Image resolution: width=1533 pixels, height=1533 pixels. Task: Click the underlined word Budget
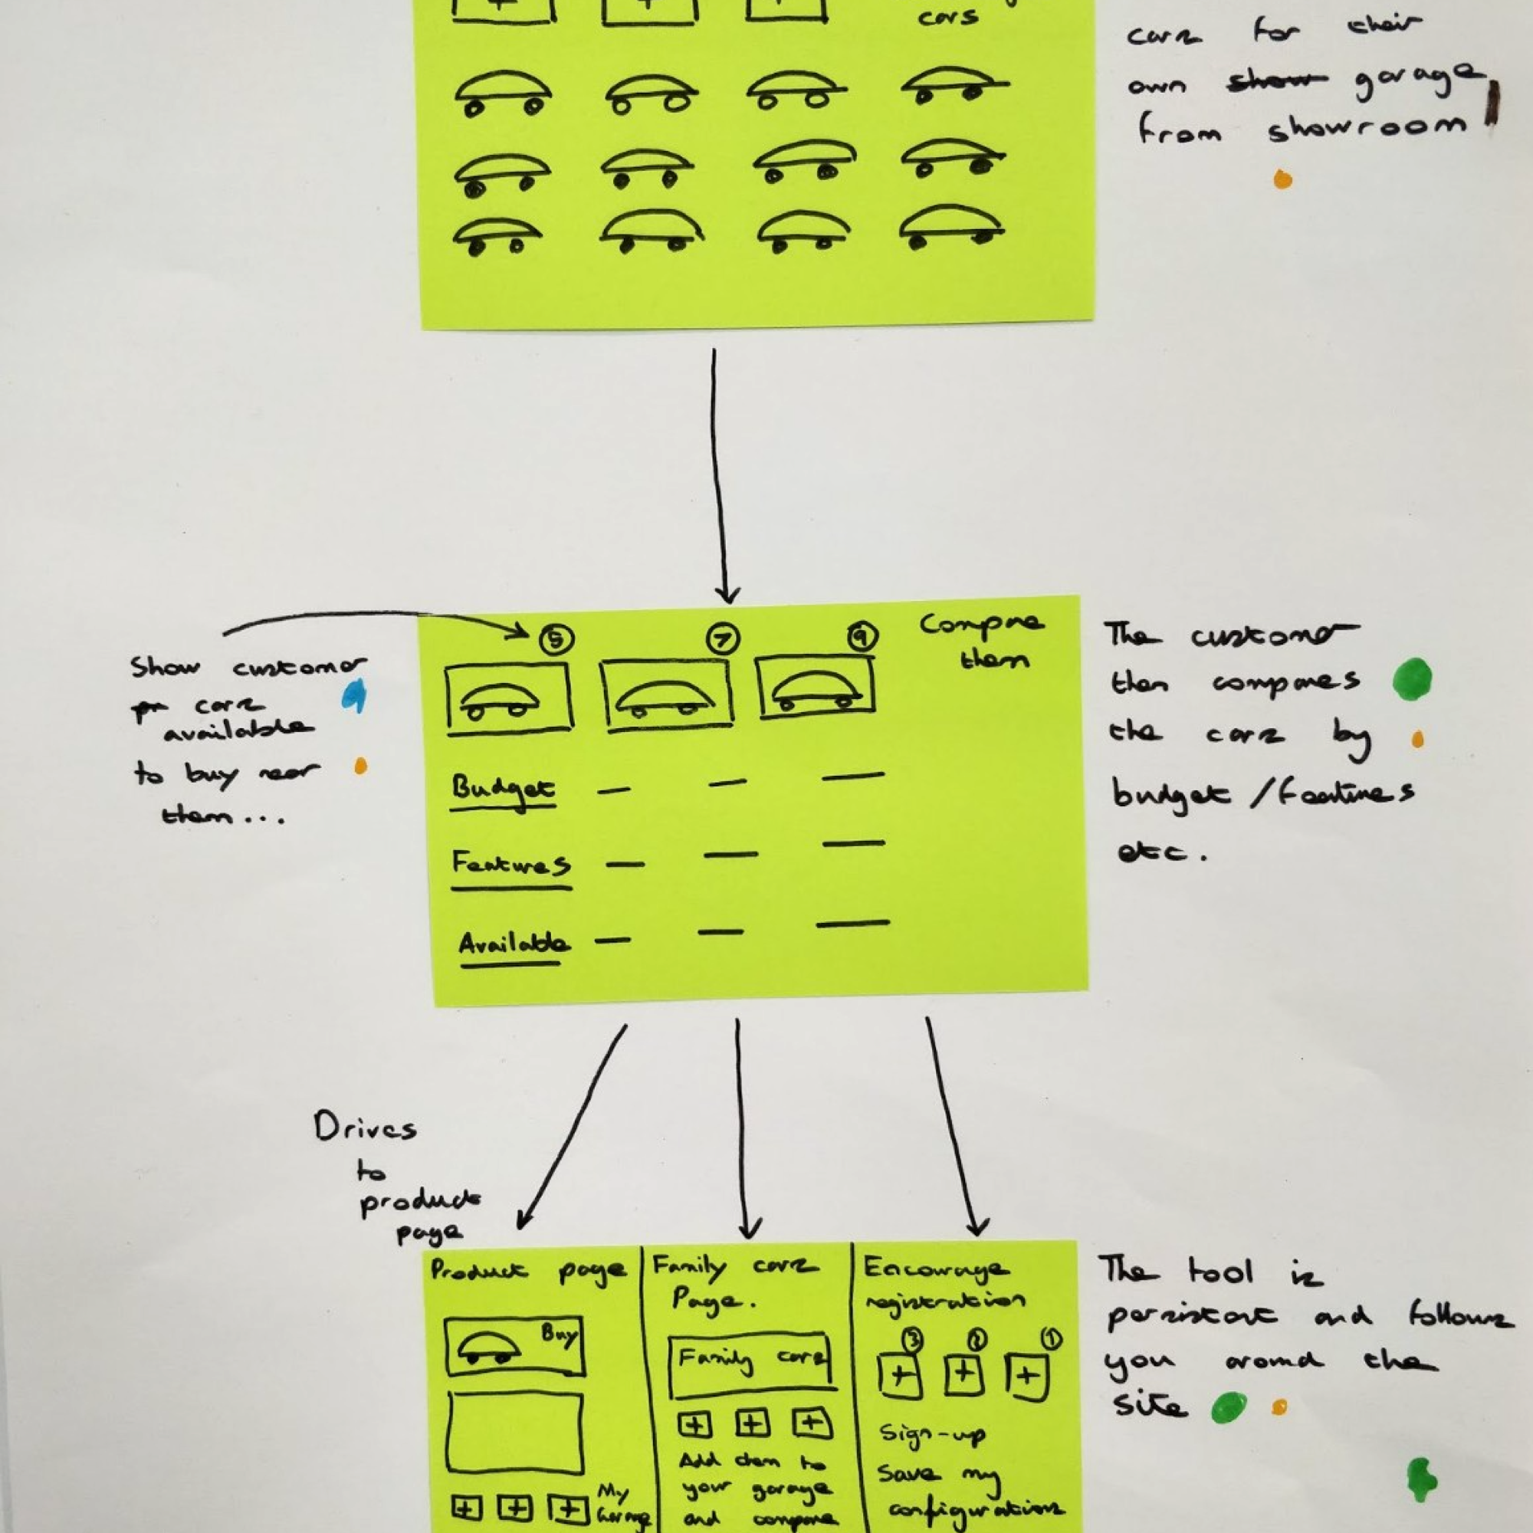(x=503, y=789)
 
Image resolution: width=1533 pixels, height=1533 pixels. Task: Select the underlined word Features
(x=510, y=863)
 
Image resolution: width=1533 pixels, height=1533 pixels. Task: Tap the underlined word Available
(x=513, y=944)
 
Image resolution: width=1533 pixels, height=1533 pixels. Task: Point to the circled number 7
(x=722, y=638)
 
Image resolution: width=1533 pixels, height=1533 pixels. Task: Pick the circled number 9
(x=862, y=635)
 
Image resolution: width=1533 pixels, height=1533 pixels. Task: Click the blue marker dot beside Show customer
(x=354, y=696)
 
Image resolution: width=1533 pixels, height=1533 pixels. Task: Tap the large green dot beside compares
(x=1413, y=679)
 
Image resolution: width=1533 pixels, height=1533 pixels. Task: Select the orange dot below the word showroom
(x=1282, y=180)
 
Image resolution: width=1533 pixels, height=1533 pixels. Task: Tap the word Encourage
(x=937, y=1269)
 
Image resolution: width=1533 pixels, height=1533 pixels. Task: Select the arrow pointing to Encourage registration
(x=952, y=1127)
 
